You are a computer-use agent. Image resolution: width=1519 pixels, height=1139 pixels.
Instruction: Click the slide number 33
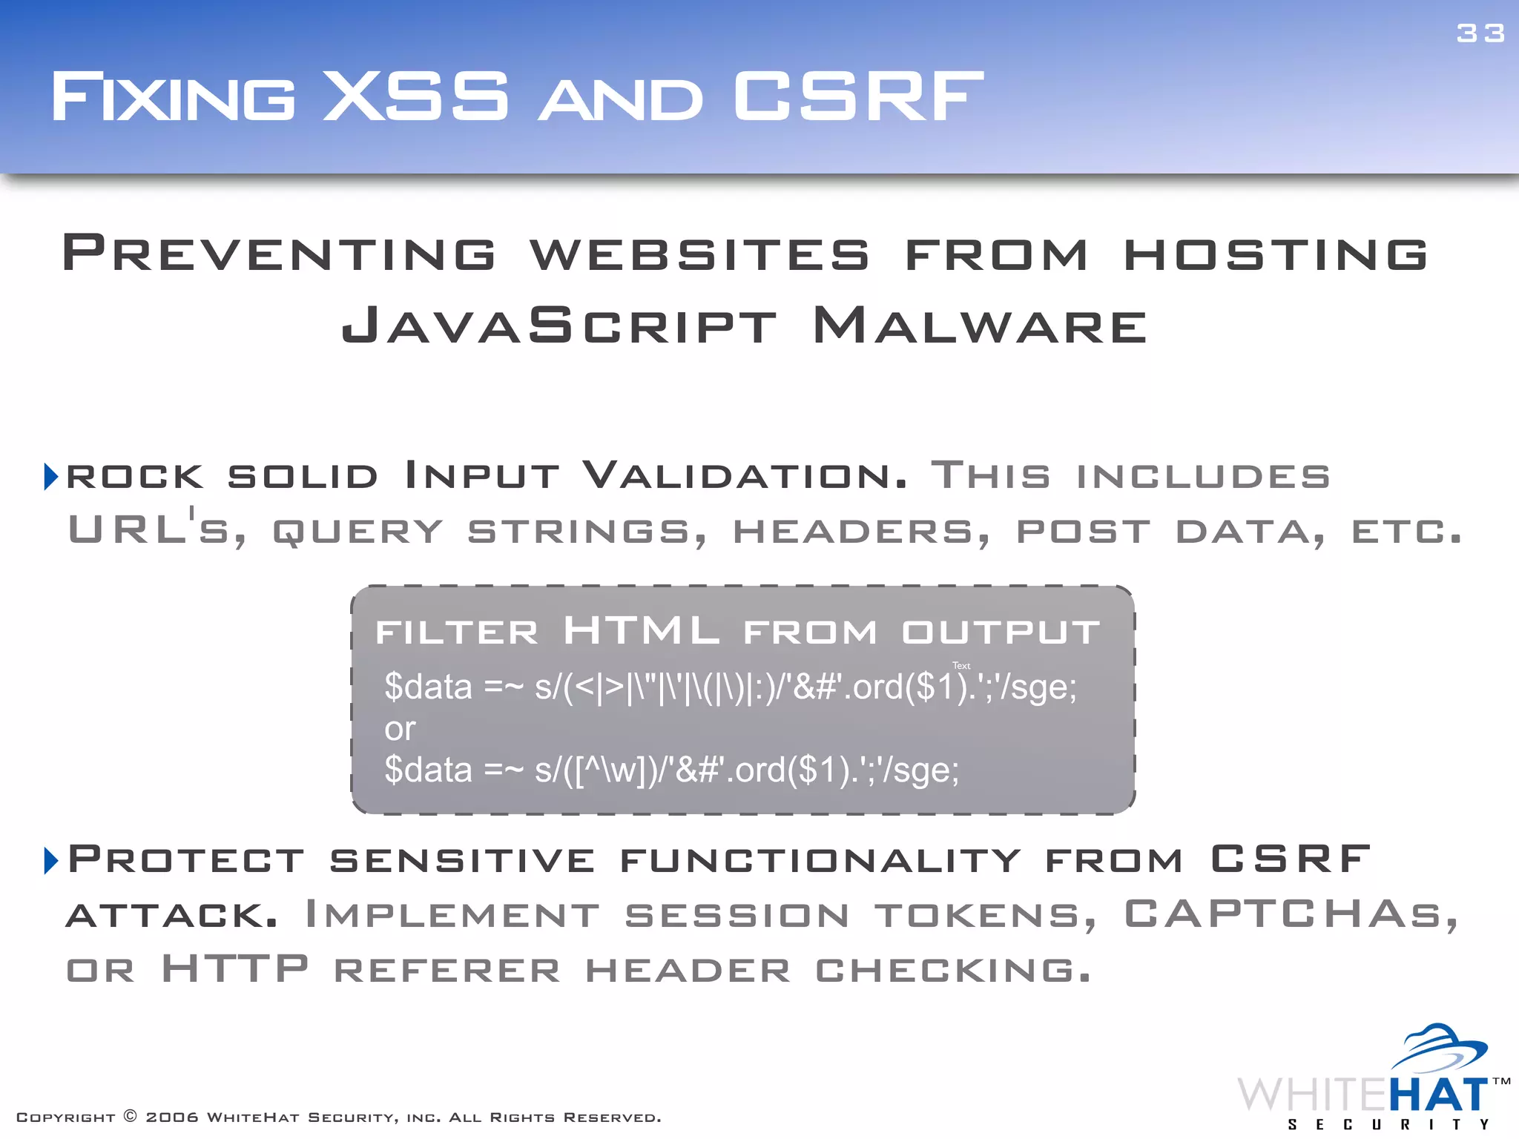[1480, 33]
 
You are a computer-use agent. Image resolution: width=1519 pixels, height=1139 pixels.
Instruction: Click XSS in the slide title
[416, 96]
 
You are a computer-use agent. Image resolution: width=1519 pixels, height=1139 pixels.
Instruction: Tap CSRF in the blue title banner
[858, 96]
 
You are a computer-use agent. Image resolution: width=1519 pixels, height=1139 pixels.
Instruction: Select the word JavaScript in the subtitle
[559, 326]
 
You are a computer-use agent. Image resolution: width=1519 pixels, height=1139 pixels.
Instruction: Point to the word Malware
[980, 326]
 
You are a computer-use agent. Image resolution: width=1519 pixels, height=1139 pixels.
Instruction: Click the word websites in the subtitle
[699, 254]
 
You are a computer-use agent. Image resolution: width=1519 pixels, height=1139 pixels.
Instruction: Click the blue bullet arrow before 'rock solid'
[50, 476]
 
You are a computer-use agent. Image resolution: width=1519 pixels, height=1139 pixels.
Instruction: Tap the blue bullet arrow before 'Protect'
[50, 860]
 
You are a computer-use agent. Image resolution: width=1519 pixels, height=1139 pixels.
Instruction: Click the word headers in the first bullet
[860, 532]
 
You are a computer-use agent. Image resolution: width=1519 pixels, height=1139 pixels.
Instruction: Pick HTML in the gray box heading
[641, 631]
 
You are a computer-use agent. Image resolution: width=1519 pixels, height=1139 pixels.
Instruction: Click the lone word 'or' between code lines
[400, 730]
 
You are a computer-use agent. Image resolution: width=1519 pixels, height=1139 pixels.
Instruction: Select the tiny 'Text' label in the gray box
[961, 666]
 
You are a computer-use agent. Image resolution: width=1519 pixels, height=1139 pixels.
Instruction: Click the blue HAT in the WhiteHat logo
[1437, 1095]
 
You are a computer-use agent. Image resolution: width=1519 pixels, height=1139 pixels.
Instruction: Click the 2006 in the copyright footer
[172, 1117]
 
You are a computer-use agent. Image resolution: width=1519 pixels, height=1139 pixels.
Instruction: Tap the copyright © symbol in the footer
[131, 1116]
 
